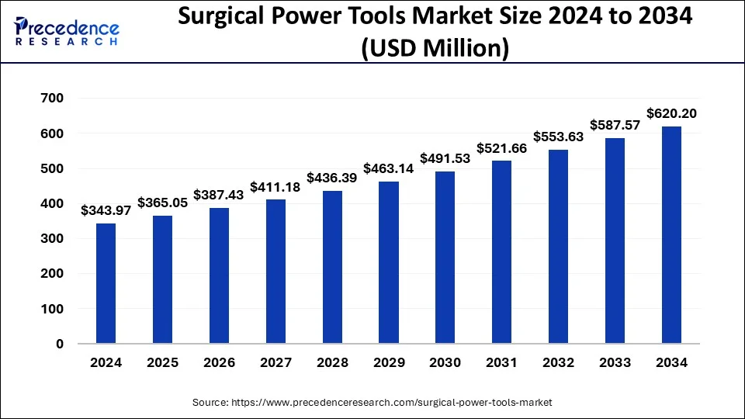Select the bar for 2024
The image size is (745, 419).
pos(106,283)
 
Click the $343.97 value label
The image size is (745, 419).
pos(106,210)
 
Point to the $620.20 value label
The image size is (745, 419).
pos(671,113)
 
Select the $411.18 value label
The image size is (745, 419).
pos(275,187)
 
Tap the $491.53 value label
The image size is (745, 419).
pos(445,158)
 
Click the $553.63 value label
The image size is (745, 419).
pos(559,137)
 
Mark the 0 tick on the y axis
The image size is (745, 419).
pos(58,344)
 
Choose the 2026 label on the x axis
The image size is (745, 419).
pos(219,362)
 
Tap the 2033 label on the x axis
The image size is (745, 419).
pos(615,362)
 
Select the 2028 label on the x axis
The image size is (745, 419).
pos(332,362)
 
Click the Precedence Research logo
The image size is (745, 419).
pos(67,31)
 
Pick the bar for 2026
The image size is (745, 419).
pos(219,275)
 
